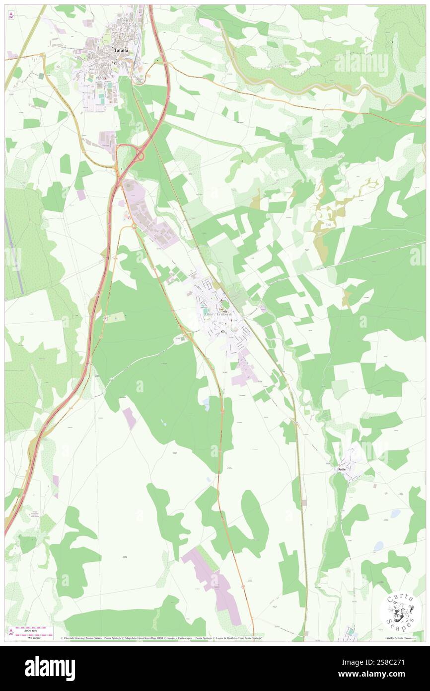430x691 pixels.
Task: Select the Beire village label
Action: pos(342,469)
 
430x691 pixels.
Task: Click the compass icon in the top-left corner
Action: pos(11,15)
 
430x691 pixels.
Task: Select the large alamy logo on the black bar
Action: pos(50,669)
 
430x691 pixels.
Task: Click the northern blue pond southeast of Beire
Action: pos(395,514)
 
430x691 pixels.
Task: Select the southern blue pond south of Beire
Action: pos(378,546)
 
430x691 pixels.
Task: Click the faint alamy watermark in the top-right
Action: pos(362,64)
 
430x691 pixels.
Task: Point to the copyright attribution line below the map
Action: pos(161,637)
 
